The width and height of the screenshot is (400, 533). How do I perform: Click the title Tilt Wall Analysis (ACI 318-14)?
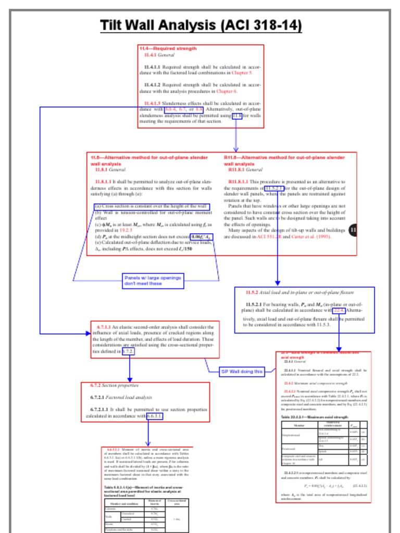[201, 26]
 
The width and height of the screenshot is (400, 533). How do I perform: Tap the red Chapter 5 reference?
[243, 73]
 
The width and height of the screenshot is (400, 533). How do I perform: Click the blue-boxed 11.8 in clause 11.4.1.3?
[237, 116]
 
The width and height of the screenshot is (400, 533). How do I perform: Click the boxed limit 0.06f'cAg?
[201, 236]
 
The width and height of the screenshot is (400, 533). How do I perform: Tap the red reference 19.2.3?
[126, 230]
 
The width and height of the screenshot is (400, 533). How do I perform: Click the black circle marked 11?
[354, 230]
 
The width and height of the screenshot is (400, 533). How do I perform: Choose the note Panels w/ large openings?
[153, 281]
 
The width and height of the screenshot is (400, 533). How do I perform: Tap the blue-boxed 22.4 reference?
[339, 310]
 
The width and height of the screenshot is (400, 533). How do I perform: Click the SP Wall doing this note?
[242, 372]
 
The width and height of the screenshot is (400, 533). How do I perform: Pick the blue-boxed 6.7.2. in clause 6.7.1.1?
[128, 352]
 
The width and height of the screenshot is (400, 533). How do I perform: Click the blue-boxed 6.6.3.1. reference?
[155, 416]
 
